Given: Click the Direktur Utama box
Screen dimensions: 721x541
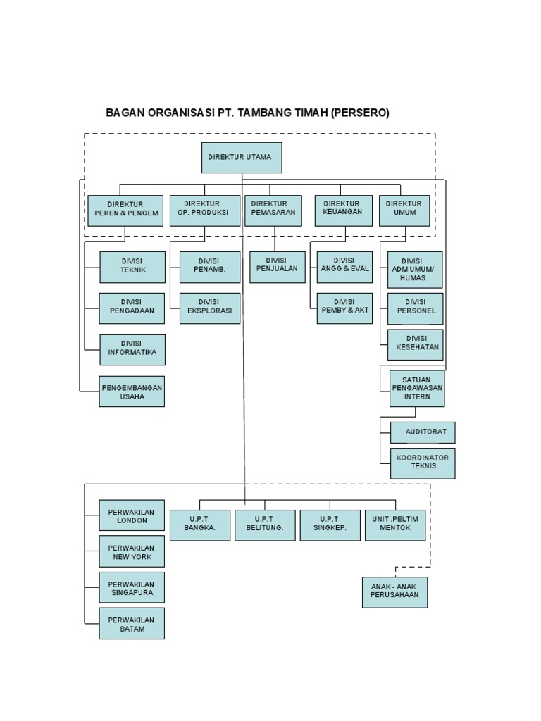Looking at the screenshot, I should (x=242, y=158).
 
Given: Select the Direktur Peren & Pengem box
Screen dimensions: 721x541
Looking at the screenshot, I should (x=125, y=211).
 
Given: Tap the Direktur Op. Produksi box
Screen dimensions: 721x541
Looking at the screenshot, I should (x=204, y=211).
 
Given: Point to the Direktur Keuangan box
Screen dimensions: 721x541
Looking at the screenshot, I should (x=343, y=211).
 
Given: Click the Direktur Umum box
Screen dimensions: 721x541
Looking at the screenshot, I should (x=404, y=211).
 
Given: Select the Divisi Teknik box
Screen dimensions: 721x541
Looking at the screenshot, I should (x=132, y=267).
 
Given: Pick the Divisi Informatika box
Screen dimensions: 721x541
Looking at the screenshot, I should (x=132, y=350).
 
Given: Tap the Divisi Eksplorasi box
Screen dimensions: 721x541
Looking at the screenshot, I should (x=209, y=308).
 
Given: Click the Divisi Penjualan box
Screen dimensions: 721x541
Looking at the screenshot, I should (x=278, y=267).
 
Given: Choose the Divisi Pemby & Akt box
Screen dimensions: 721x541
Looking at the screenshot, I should (x=344, y=308).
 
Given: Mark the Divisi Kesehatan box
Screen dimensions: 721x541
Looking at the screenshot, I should (x=416, y=344).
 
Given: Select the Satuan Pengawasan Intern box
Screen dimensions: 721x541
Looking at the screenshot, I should (x=417, y=388).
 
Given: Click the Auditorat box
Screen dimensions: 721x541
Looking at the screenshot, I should (x=423, y=432).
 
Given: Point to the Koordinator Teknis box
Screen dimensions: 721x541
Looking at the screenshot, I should (x=423, y=463).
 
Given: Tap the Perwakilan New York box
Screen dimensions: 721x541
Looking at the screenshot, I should (x=132, y=551).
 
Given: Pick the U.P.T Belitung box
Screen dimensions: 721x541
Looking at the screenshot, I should (x=265, y=525).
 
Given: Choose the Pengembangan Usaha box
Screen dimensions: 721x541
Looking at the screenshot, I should (x=132, y=391).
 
